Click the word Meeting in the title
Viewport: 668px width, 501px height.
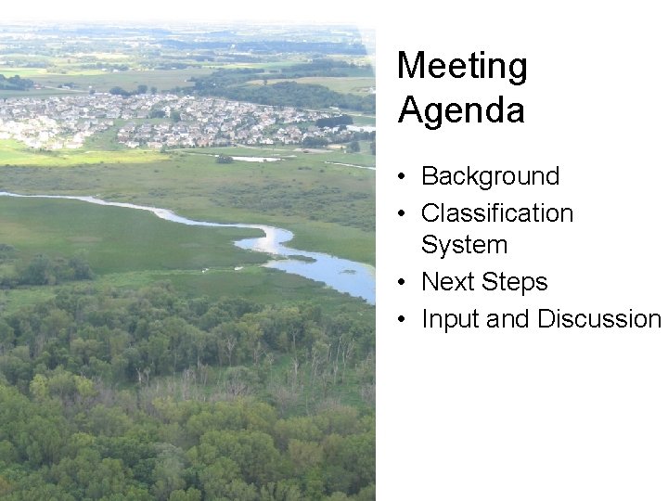click(x=462, y=67)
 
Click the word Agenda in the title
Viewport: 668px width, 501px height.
click(x=461, y=110)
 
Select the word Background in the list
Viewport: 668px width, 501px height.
click(x=491, y=176)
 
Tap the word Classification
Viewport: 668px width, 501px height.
click(x=497, y=213)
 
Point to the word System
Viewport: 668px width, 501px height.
click(x=464, y=245)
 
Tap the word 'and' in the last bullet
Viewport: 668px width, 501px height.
click(x=507, y=319)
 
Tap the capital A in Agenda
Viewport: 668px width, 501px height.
click(x=410, y=110)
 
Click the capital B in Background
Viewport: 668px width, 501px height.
click(x=430, y=176)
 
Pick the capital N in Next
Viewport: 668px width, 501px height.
click(x=430, y=282)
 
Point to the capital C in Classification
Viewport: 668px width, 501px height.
click(x=430, y=213)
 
